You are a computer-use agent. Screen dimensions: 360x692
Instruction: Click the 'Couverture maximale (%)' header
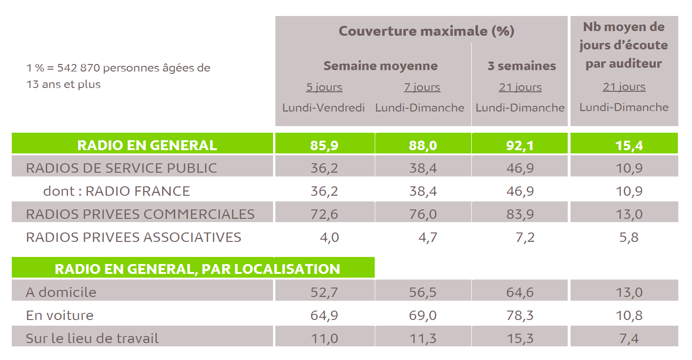click(x=426, y=31)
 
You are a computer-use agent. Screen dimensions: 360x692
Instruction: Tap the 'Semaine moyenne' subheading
click(x=380, y=66)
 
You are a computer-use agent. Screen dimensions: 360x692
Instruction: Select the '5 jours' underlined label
click(x=324, y=88)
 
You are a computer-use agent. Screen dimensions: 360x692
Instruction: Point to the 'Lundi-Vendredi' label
click(x=324, y=108)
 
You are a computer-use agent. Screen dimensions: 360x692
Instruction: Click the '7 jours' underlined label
click(x=422, y=88)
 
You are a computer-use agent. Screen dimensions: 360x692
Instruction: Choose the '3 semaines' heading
click(x=522, y=66)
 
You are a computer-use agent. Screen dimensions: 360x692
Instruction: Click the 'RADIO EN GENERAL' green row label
click(x=147, y=145)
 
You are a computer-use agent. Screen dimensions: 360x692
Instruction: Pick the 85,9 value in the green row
click(x=324, y=145)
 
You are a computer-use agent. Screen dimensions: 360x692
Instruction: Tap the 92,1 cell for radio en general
click(x=520, y=145)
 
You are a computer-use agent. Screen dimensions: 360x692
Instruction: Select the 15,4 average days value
click(x=629, y=145)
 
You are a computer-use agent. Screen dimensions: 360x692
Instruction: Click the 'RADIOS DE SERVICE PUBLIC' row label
click(x=121, y=168)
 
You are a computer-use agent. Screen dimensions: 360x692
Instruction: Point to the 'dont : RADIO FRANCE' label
click(x=116, y=191)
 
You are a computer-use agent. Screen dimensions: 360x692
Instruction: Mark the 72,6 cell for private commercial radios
click(x=324, y=214)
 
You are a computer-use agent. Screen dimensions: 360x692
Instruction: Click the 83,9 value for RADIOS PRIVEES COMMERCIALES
click(x=520, y=214)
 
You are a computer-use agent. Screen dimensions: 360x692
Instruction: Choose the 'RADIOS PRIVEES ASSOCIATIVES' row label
click(x=134, y=237)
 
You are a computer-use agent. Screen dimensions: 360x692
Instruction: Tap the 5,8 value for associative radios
click(x=629, y=237)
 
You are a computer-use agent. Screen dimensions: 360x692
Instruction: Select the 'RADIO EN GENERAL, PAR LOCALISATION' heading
click(x=197, y=269)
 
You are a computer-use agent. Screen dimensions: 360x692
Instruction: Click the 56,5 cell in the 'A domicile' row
click(x=422, y=292)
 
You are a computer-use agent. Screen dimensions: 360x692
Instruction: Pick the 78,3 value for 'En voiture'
click(x=520, y=315)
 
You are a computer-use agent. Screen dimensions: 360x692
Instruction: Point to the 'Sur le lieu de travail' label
click(x=92, y=338)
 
